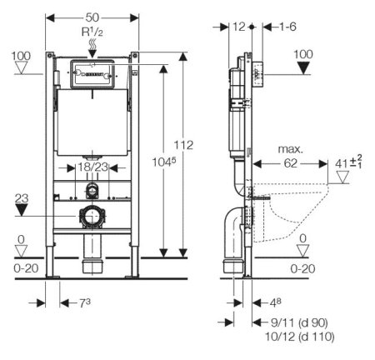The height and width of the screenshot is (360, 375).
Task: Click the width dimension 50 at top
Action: click(92, 17)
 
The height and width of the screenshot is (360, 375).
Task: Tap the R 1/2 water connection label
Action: click(92, 32)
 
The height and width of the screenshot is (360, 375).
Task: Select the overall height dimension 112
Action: click(183, 145)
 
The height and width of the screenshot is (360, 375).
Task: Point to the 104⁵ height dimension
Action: click(164, 162)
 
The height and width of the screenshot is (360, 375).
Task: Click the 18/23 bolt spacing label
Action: click(92, 167)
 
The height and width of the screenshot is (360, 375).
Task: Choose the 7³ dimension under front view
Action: click(85, 302)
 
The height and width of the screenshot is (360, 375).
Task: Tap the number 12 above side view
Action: click(238, 27)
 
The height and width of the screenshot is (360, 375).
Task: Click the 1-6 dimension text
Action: click(287, 27)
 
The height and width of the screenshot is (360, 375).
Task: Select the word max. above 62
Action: click(290, 149)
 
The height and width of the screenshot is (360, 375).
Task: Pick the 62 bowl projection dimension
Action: click(291, 163)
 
